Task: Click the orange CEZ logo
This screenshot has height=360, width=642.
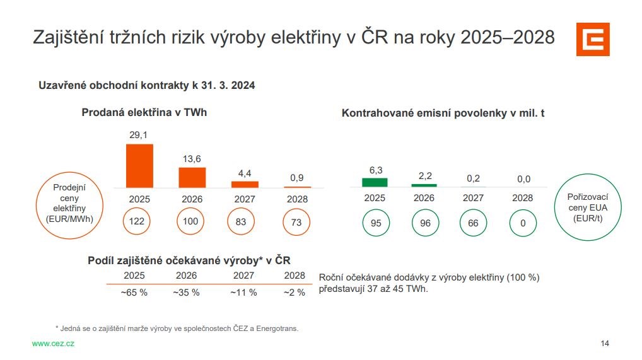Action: [593, 39]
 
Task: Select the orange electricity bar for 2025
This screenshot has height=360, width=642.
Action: [139, 166]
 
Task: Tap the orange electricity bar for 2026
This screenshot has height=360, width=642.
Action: [192, 177]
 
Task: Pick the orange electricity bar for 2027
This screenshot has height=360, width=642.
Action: [245, 184]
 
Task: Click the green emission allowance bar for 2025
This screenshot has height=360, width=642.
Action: [375, 182]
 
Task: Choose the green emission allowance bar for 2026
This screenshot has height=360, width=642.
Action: [424, 185]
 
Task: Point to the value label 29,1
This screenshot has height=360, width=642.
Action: [139, 136]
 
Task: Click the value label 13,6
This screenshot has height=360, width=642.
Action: [192, 159]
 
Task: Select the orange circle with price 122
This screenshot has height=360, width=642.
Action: [139, 222]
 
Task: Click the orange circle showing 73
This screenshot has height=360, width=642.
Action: [296, 222]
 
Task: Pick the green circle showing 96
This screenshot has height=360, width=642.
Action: [424, 223]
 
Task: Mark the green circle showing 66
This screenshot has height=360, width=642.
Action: [473, 223]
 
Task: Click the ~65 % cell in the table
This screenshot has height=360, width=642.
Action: [134, 293]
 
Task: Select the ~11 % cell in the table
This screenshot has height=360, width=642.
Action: [243, 293]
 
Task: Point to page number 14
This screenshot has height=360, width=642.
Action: [605, 344]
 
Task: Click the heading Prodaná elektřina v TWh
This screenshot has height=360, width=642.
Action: [144, 112]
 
